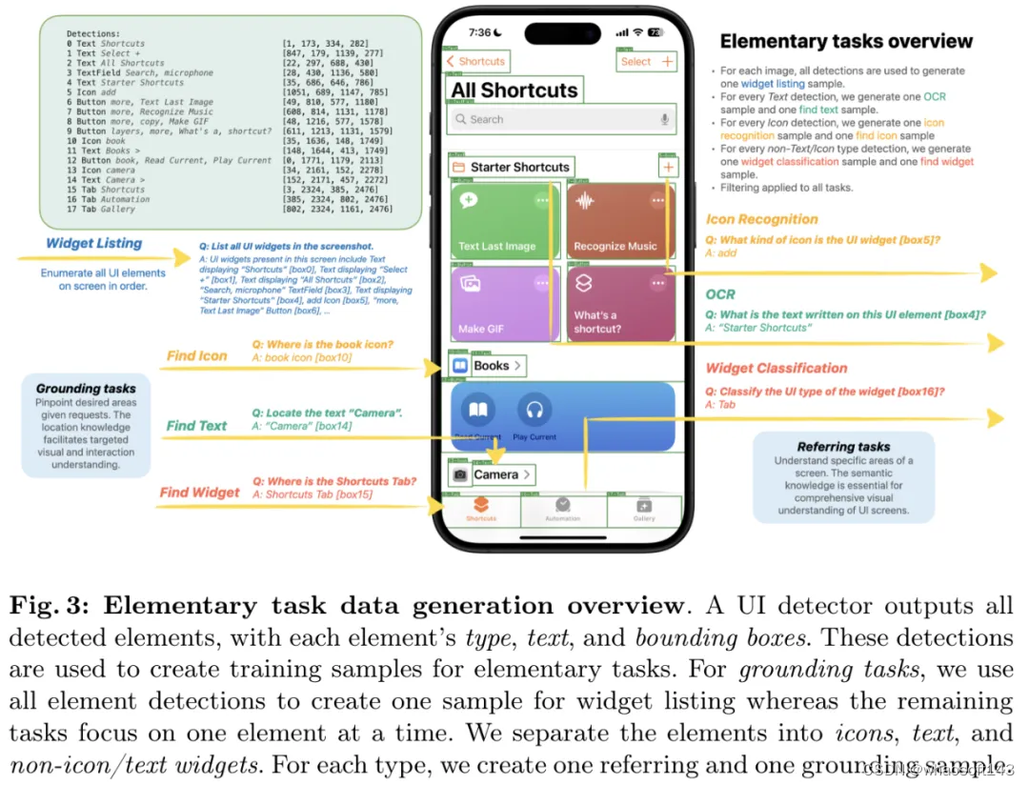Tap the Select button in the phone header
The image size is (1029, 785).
(x=636, y=62)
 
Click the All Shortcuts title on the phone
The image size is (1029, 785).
(x=514, y=91)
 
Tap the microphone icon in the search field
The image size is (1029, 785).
(x=664, y=119)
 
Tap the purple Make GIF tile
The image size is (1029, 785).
(x=504, y=305)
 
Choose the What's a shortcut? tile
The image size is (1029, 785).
(x=620, y=305)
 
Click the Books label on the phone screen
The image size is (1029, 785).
(x=491, y=366)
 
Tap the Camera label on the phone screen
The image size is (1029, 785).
(x=495, y=474)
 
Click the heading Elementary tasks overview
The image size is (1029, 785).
(x=846, y=42)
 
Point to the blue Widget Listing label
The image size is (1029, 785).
(x=93, y=244)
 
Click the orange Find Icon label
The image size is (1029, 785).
(x=196, y=356)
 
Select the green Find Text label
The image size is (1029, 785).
(x=196, y=426)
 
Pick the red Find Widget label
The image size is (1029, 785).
(x=199, y=493)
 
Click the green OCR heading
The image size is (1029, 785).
(x=720, y=295)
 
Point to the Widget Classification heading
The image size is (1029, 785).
(x=776, y=369)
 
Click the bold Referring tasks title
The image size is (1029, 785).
(x=843, y=447)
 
